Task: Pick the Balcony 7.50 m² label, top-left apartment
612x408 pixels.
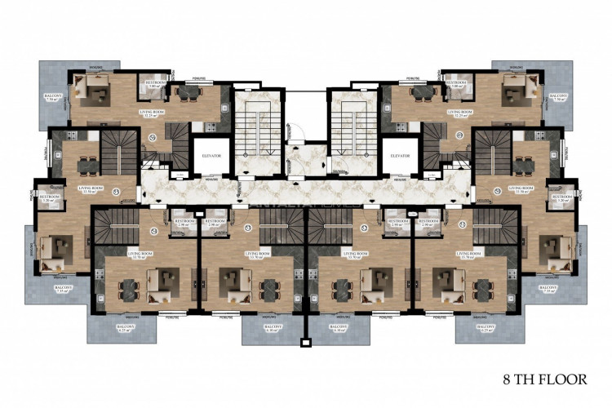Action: [x=53, y=98]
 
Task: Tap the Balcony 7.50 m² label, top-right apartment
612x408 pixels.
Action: [x=558, y=98]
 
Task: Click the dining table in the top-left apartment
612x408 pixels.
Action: [x=186, y=92]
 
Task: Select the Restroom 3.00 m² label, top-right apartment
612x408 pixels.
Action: [x=457, y=83]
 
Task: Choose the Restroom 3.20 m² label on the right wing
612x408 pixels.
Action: [x=563, y=197]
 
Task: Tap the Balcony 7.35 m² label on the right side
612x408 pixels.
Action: [x=548, y=290]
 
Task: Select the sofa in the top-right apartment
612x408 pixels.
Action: [x=516, y=91]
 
